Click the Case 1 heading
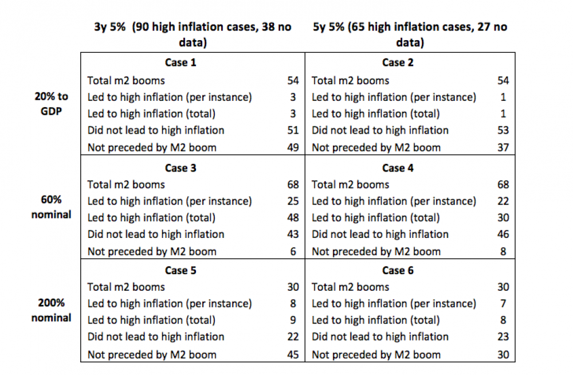pos(180,62)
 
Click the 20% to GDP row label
pos(52,104)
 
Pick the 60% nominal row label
pos(52,208)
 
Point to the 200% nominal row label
pos(52,310)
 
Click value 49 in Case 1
pos(293,147)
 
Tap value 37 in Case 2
pos(503,147)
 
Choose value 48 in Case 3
pos(293,218)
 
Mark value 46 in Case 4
pos(503,235)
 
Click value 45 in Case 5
pos(293,355)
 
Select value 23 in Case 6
pos(503,337)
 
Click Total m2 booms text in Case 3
pos(125,185)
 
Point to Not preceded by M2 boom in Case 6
pos(376,355)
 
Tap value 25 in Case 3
pos(293,201)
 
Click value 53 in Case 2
pos(503,131)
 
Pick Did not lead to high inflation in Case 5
pos(156,337)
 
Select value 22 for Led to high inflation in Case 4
pos(503,201)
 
